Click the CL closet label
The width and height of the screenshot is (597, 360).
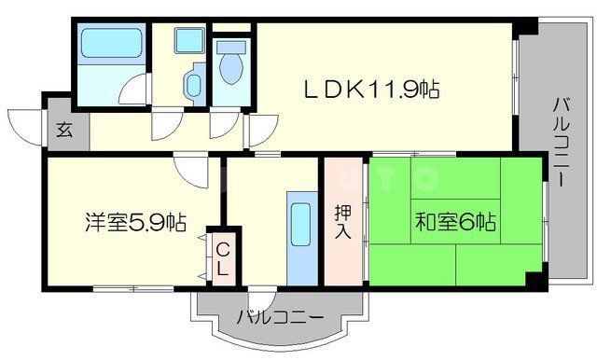coord(224,259)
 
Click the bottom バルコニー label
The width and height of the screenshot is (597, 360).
coord(280,317)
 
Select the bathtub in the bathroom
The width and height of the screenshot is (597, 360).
coord(109,47)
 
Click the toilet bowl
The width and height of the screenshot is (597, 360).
coord(230,64)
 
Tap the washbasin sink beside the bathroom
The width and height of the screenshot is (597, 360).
coord(192,84)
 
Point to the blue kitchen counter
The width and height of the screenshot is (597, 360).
coord(301,241)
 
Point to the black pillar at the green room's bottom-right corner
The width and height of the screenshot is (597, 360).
coord(532,277)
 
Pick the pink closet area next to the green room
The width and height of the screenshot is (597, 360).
coord(343,224)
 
